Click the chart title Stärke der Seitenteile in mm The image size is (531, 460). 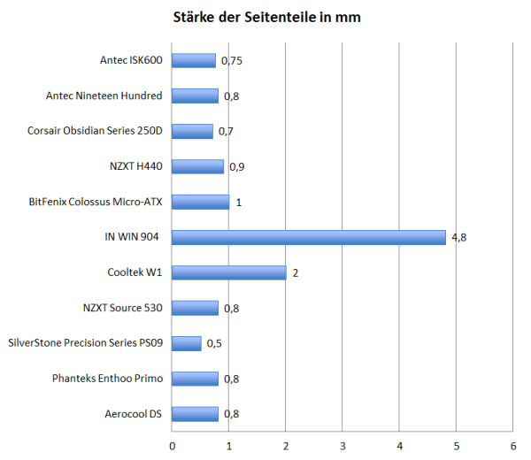coord(265,17)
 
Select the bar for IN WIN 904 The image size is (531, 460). coord(308,237)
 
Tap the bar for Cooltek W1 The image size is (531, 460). coord(228,272)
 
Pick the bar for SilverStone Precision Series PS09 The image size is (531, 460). coord(186,343)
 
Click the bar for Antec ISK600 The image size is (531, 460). coord(193,60)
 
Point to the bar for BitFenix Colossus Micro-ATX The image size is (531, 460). coord(200,202)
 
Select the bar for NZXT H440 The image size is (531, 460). coord(197,166)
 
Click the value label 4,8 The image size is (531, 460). coord(458,237)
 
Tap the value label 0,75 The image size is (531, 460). coord(231,61)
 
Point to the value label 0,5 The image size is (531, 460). coord(213,343)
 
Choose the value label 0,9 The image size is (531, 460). coord(236,166)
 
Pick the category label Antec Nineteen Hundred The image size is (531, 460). coord(105,96)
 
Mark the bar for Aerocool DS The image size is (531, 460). coord(195,414)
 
